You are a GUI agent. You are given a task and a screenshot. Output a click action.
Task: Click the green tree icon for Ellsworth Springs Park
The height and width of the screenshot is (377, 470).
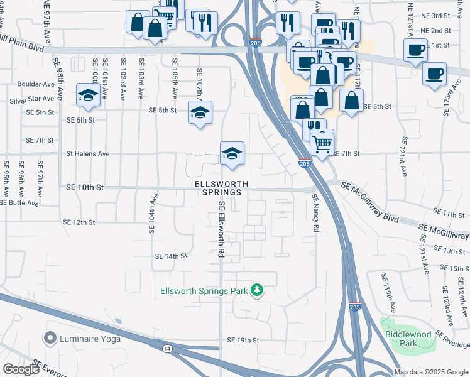click(x=256, y=290)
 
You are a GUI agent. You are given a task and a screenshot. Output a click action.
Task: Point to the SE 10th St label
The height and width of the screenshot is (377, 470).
click(x=84, y=187)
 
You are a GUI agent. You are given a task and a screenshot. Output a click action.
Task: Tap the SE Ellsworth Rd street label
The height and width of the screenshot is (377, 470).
click(x=221, y=230)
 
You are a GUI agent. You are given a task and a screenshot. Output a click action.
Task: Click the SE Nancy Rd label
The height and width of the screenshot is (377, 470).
click(x=316, y=214)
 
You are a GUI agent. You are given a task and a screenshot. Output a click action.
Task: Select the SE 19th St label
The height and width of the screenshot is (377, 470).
click(x=243, y=340)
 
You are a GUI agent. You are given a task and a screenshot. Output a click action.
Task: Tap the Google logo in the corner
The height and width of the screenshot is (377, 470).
click(x=20, y=370)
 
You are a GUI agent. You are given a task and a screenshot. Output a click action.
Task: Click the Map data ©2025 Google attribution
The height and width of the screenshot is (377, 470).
click(x=431, y=372)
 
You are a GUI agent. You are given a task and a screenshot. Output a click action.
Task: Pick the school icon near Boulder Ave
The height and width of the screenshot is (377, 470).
click(x=88, y=96)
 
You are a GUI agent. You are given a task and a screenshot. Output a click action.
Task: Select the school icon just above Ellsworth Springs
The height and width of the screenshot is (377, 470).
click(x=232, y=153)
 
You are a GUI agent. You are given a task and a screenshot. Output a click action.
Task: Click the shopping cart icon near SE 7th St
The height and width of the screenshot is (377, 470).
click(x=322, y=144)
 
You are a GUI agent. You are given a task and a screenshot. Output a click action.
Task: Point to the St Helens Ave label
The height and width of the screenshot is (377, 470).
click(x=88, y=153)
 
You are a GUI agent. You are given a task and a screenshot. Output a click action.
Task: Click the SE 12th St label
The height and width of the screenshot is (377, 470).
click(x=79, y=222)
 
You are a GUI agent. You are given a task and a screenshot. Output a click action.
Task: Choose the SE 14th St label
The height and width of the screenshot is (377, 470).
click(x=171, y=256)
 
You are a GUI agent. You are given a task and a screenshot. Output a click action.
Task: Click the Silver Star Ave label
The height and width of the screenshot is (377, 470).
click(x=32, y=99)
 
